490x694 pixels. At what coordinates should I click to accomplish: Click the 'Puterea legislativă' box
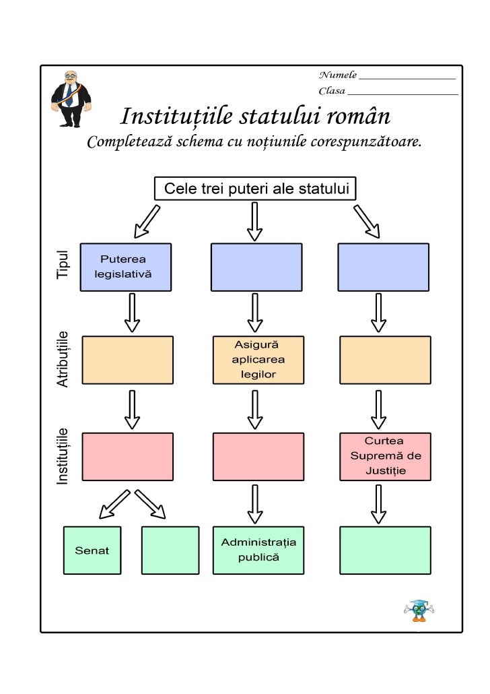coord(126,267)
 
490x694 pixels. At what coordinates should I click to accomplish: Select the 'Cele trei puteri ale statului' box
coord(255,189)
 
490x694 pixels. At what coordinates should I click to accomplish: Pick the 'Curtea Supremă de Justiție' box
coord(385,455)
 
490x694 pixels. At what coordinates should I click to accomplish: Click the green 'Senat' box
coord(92,550)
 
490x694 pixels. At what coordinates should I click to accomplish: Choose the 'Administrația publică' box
coord(258,550)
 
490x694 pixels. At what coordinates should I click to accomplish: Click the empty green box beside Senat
coord(170,550)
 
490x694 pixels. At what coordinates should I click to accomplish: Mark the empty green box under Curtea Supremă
coord(385,550)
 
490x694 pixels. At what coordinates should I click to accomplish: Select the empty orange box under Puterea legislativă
coord(127,360)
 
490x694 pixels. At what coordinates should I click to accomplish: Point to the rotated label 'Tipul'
coord(63,265)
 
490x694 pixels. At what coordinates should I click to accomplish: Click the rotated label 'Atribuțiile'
coord(63,358)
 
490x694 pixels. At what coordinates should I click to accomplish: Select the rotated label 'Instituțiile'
coord(63,455)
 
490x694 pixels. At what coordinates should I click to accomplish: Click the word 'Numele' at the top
coord(337,74)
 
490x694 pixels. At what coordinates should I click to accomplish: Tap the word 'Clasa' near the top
coord(332,91)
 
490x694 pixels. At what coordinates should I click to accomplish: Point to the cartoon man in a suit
coord(71,98)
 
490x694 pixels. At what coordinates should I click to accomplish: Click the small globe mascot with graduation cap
coord(419,609)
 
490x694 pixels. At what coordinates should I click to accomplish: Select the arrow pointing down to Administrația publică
coord(255,504)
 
